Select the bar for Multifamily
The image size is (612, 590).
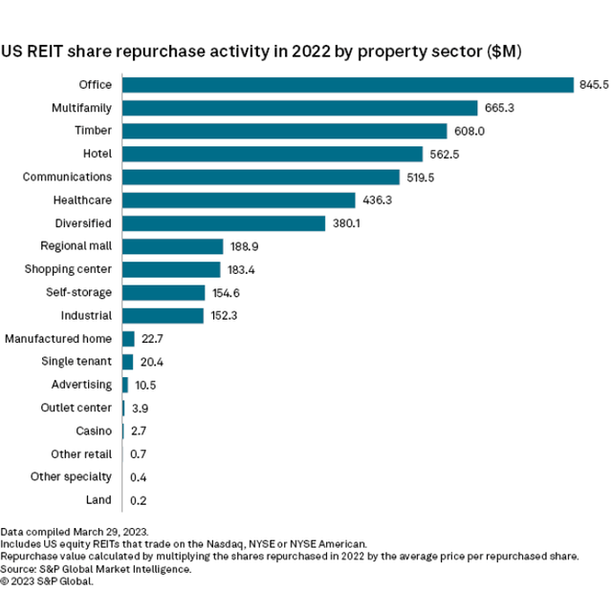pyautogui.click(x=299, y=108)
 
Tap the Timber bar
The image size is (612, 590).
pyautogui.click(x=284, y=131)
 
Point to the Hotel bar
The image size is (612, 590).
pyautogui.click(x=273, y=154)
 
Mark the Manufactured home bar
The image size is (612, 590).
pyautogui.click(x=128, y=338)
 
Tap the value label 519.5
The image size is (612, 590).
pyautogui.click(x=421, y=178)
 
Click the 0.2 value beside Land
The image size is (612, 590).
pyautogui.click(x=138, y=499)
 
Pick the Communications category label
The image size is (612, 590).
pyautogui.click(x=67, y=177)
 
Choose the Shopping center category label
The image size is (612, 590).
pyautogui.click(x=68, y=269)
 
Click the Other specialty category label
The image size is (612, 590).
pyautogui.click(x=71, y=476)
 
